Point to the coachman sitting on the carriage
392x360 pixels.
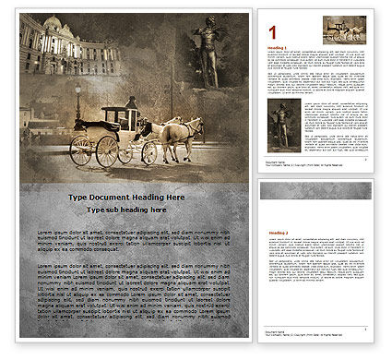(x=131, y=104)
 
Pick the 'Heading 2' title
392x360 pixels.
(x=278, y=234)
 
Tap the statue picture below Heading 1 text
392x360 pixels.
(x=279, y=124)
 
